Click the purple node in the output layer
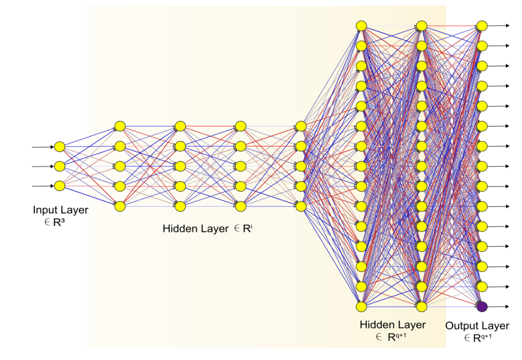pyautogui.click(x=481, y=306)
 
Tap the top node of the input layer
pyautogui.click(x=59, y=146)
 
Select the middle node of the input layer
pyautogui.click(x=59, y=166)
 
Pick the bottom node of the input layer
pyautogui.click(x=59, y=186)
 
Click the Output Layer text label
pyautogui.click(x=477, y=326)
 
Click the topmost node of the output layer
pyautogui.click(x=481, y=26)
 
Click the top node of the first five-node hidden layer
pyautogui.click(x=120, y=126)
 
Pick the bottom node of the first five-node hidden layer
pyautogui.click(x=120, y=206)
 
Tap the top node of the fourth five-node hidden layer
pyautogui.click(x=301, y=126)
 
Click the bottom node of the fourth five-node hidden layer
pyautogui.click(x=301, y=206)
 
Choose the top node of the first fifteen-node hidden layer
pyautogui.click(x=361, y=26)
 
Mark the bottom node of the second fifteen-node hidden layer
pyautogui.click(x=421, y=306)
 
